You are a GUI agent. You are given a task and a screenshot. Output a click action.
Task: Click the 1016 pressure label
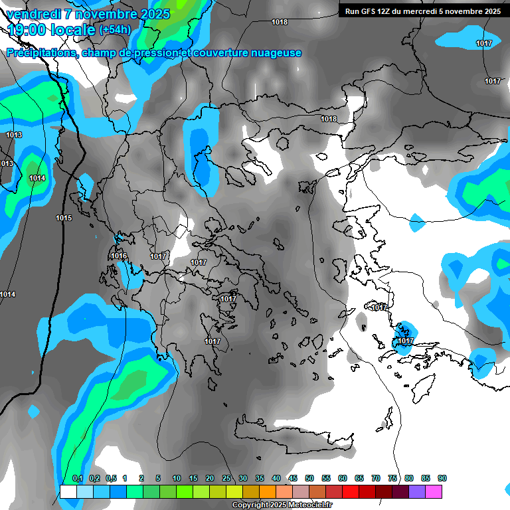coord(119,256)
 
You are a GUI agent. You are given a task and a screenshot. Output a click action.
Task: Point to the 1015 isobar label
coord(64,218)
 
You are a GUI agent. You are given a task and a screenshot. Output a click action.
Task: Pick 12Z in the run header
coord(384,11)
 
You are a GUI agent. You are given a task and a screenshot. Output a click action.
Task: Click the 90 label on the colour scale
coord(442,478)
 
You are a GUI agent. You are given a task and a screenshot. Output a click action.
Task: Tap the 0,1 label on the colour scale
coord(77,478)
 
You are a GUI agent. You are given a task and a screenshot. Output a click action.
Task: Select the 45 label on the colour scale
coord(293,478)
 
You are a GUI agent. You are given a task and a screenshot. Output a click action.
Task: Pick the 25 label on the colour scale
coord(226,478)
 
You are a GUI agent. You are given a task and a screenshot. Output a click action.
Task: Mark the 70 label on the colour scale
coord(376,478)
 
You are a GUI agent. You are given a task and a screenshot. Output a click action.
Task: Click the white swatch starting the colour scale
coord(68,492)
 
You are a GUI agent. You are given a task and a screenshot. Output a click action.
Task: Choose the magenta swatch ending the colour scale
coord(434,492)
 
